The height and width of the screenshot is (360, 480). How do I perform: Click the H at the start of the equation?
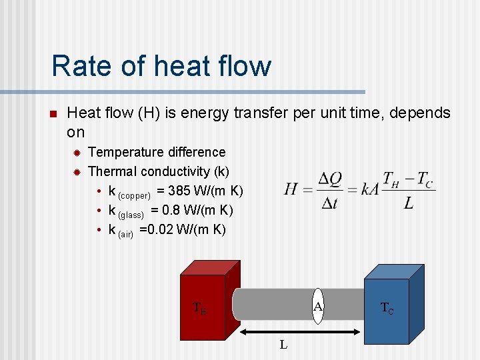[291, 189]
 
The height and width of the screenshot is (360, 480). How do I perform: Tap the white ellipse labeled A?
[319, 306]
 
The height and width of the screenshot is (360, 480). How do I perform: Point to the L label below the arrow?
[283, 345]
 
